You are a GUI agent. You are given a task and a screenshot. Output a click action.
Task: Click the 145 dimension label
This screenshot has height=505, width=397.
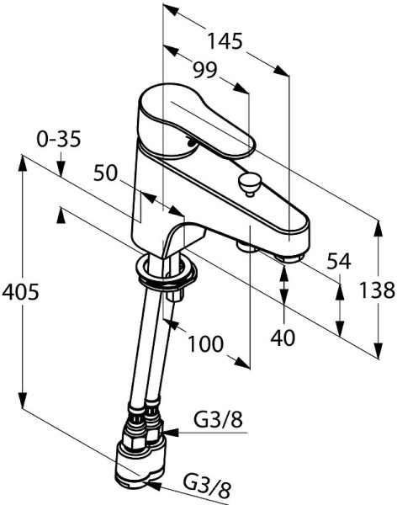click(x=224, y=41)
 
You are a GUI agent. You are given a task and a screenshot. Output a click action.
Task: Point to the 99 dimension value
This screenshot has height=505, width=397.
click(x=205, y=70)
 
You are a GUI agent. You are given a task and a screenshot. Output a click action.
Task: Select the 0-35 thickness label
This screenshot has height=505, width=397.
click(x=59, y=140)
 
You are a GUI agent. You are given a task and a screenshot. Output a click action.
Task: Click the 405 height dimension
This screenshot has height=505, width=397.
click(x=20, y=292)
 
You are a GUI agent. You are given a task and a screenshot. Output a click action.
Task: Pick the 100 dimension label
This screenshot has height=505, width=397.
click(x=205, y=343)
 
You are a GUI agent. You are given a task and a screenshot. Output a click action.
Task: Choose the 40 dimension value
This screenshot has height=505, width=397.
click(x=283, y=338)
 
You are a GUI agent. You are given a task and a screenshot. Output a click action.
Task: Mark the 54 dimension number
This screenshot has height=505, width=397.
click(x=338, y=261)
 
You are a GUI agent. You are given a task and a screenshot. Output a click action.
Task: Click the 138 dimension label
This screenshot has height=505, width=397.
click(x=377, y=290)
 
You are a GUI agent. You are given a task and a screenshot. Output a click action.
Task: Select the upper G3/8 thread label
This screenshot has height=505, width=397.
click(x=218, y=420)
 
